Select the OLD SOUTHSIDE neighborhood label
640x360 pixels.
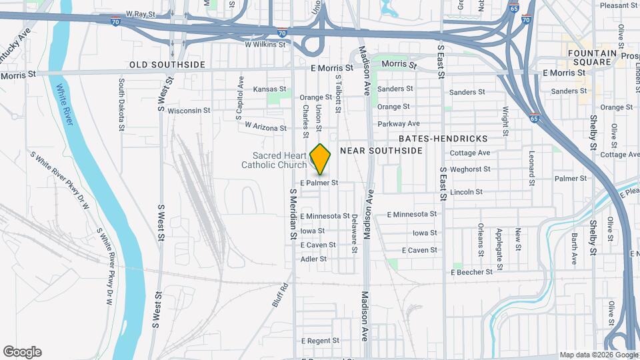click(167, 65)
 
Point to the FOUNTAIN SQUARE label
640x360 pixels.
click(589, 57)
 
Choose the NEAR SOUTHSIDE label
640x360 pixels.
click(381, 151)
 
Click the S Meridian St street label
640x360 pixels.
click(292, 213)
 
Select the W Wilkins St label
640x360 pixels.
click(265, 45)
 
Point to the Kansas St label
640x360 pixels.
click(269, 89)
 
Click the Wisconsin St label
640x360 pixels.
click(189, 110)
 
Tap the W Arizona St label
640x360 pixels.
click(265, 126)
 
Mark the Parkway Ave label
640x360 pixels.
click(398, 123)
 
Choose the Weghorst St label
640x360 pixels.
click(471, 170)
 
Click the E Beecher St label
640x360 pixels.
click(472, 272)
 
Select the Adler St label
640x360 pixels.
click(313, 259)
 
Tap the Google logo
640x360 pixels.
click(22, 352)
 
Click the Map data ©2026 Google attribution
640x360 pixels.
click(598, 355)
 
